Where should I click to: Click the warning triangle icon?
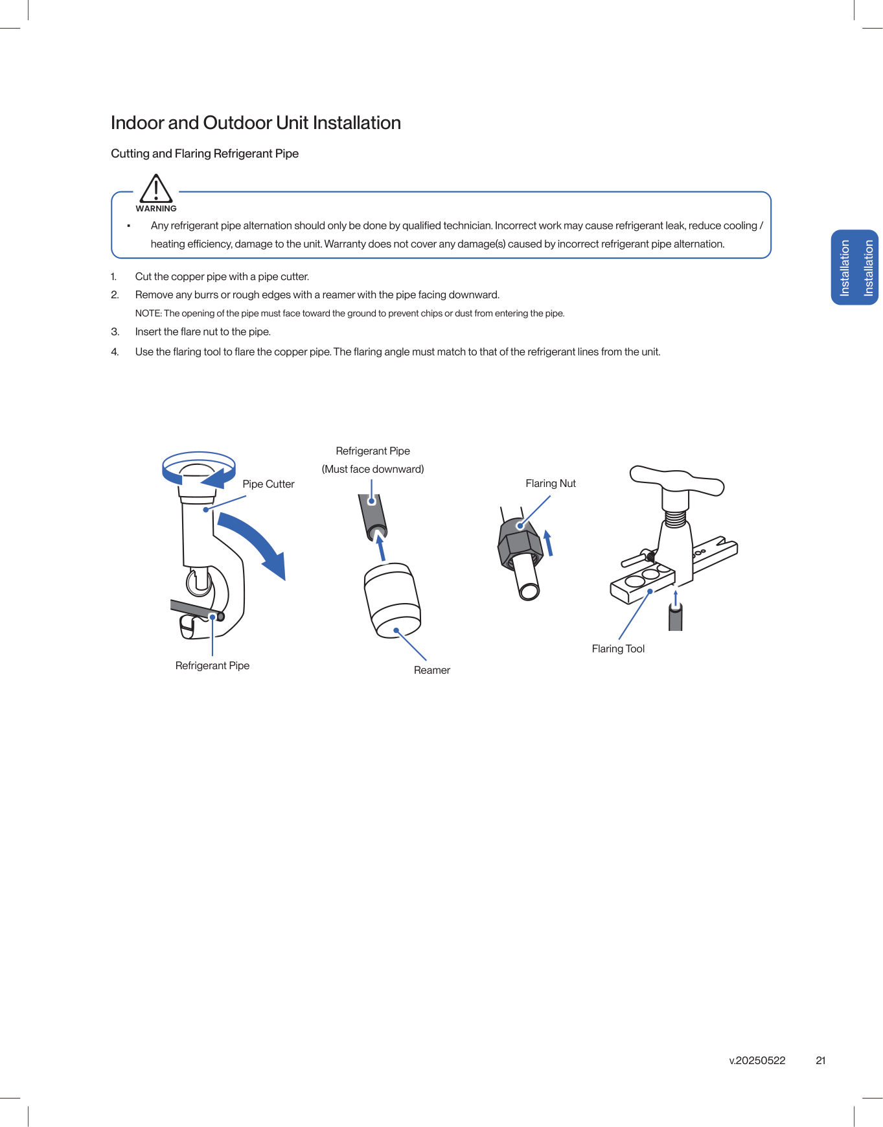[x=156, y=189]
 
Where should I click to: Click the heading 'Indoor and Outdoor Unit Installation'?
[x=255, y=123]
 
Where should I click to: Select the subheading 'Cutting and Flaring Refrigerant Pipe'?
[x=205, y=154]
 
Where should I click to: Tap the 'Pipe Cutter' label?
[x=268, y=484]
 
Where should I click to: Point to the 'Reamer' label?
[x=431, y=670]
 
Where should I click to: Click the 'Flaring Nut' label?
[x=550, y=483]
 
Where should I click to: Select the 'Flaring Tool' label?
[x=618, y=648]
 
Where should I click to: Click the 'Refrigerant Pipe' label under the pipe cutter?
[x=212, y=665]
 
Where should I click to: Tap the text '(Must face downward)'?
[x=373, y=469]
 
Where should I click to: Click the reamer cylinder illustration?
[x=393, y=600]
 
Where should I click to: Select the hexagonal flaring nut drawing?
[x=520, y=545]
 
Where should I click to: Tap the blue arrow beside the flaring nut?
[x=549, y=543]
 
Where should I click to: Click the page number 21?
[x=820, y=1060]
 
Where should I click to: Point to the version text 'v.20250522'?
[x=757, y=1060]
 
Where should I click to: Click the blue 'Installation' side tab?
[x=855, y=267]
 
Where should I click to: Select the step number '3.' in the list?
[x=115, y=331]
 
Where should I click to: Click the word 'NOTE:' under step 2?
[x=148, y=313]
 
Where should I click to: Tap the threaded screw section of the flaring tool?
[x=675, y=518]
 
